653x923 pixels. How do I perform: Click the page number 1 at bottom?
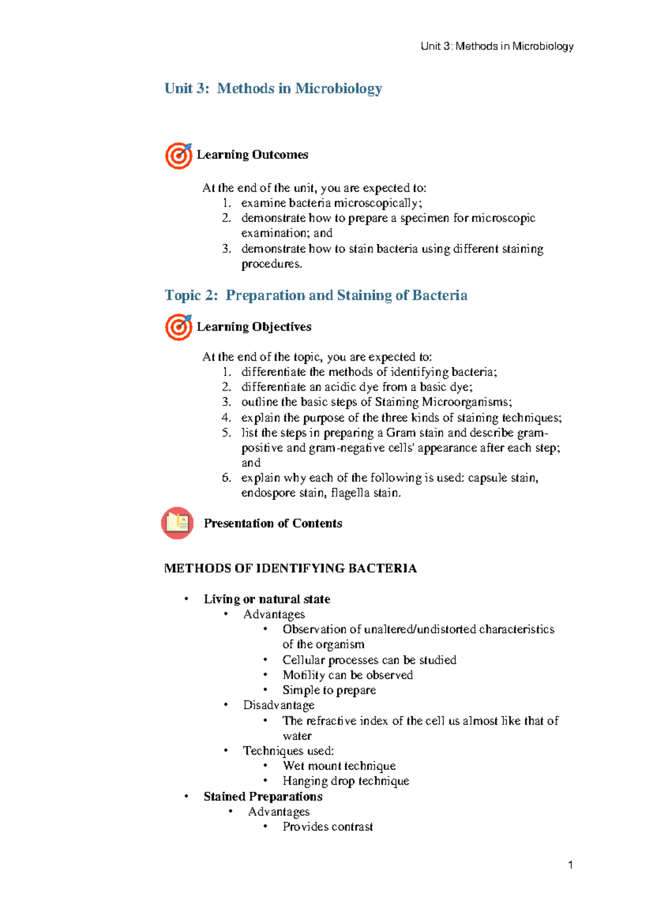click(x=570, y=865)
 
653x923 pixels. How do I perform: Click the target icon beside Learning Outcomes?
click(x=178, y=156)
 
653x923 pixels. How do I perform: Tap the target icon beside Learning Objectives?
click(x=178, y=327)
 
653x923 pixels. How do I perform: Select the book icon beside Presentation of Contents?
click(x=177, y=523)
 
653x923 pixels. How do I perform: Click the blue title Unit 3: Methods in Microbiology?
click(x=273, y=88)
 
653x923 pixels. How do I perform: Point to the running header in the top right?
click(x=497, y=46)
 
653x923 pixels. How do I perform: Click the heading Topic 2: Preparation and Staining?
click(x=316, y=295)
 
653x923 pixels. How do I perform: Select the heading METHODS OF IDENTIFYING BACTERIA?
click(x=291, y=568)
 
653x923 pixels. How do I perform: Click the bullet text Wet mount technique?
click(x=339, y=766)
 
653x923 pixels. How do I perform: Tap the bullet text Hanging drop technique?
click(x=346, y=781)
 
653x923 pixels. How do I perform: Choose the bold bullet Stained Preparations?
click(x=263, y=796)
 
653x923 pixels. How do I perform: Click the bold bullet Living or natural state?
click(x=267, y=599)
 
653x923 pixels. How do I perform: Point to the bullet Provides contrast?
click(x=328, y=827)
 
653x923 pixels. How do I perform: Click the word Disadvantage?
click(x=279, y=705)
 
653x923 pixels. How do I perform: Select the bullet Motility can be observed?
click(x=348, y=675)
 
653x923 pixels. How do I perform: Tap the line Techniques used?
click(x=288, y=751)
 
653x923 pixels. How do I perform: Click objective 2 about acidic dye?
click(x=357, y=387)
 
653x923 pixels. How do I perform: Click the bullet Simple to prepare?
click(x=329, y=690)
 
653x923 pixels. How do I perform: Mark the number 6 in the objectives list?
click(x=226, y=478)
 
